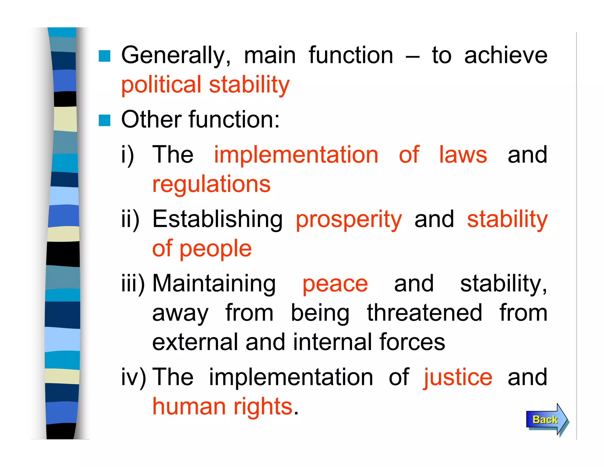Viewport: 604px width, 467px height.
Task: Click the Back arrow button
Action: pos(546,420)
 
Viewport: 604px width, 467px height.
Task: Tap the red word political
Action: pos(161,85)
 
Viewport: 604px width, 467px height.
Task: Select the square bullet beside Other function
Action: pos(104,120)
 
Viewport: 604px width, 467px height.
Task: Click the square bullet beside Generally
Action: pos(104,56)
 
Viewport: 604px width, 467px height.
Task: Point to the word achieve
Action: pos(505,55)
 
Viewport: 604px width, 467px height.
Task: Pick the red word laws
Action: pos(463,155)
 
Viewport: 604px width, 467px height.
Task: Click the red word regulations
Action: pos(211,184)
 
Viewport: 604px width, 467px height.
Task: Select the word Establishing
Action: pos(217,219)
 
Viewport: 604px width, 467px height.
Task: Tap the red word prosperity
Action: pos(349,220)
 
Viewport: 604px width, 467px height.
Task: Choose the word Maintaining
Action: pos(214,284)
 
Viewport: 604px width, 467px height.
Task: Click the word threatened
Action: pos(424,313)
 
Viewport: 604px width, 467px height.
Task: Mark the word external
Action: pos(195,342)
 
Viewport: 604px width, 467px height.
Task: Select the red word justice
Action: pos(458,378)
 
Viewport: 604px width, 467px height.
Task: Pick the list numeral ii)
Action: pos(130,219)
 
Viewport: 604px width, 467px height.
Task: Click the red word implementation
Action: pos(296,155)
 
